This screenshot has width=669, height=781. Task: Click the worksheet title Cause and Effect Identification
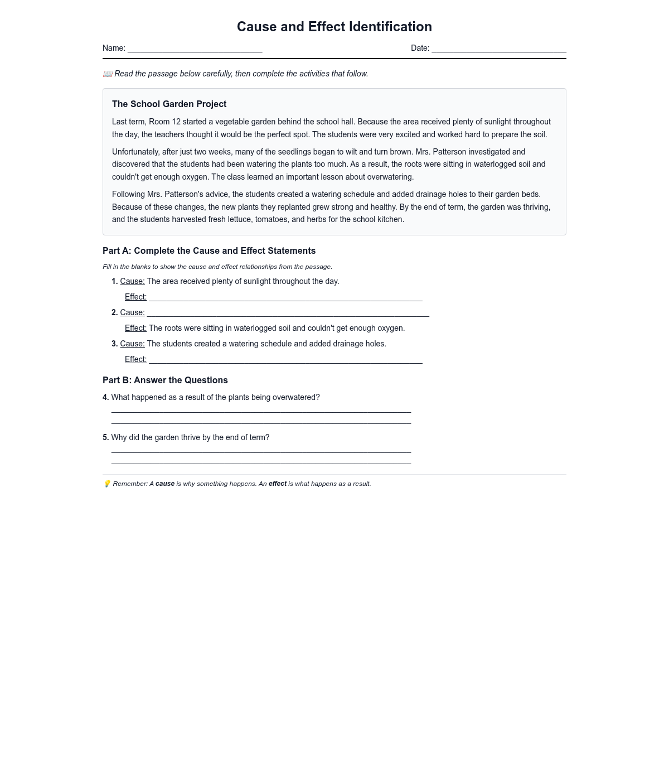pos(334,27)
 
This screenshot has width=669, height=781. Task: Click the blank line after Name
pos(195,49)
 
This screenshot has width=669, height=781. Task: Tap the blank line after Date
pos(498,49)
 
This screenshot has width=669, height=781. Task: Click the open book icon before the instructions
pos(108,74)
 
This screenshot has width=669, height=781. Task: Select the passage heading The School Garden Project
pos(169,104)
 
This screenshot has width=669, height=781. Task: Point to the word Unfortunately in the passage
pos(135,152)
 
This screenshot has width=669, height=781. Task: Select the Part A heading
pos(209,251)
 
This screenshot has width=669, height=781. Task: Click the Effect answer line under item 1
pos(285,298)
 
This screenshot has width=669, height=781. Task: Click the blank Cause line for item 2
pos(288,314)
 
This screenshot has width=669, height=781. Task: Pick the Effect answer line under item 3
pos(285,360)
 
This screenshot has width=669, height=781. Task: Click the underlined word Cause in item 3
pos(132,344)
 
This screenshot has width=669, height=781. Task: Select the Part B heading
pos(165,380)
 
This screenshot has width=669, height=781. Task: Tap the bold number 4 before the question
pos(105,398)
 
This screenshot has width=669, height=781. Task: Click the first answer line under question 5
pos(261,450)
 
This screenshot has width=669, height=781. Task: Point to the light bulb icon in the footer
pos(107,484)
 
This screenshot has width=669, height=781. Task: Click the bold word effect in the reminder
pos(278,484)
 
